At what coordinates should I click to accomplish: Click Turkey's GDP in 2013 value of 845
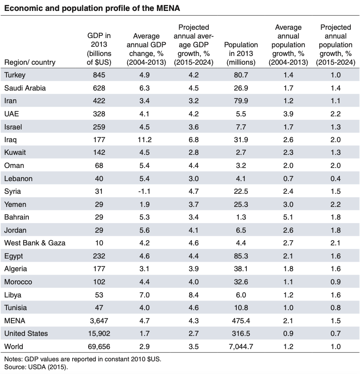(x=99, y=75)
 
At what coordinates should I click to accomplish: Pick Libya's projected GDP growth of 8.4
(x=193, y=295)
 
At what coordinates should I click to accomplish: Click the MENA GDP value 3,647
(x=99, y=321)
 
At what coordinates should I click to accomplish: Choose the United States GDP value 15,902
(x=99, y=333)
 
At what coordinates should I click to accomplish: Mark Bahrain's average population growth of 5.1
(x=288, y=217)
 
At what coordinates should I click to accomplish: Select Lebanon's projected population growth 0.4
(x=335, y=178)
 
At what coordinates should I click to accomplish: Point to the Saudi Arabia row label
(x=25, y=88)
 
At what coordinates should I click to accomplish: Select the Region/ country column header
(x=30, y=62)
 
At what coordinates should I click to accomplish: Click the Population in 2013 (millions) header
(x=241, y=53)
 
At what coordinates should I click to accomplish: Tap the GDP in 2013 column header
(x=99, y=49)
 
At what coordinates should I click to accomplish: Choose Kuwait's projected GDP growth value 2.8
(x=193, y=153)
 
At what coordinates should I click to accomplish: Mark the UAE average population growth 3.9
(x=288, y=114)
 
